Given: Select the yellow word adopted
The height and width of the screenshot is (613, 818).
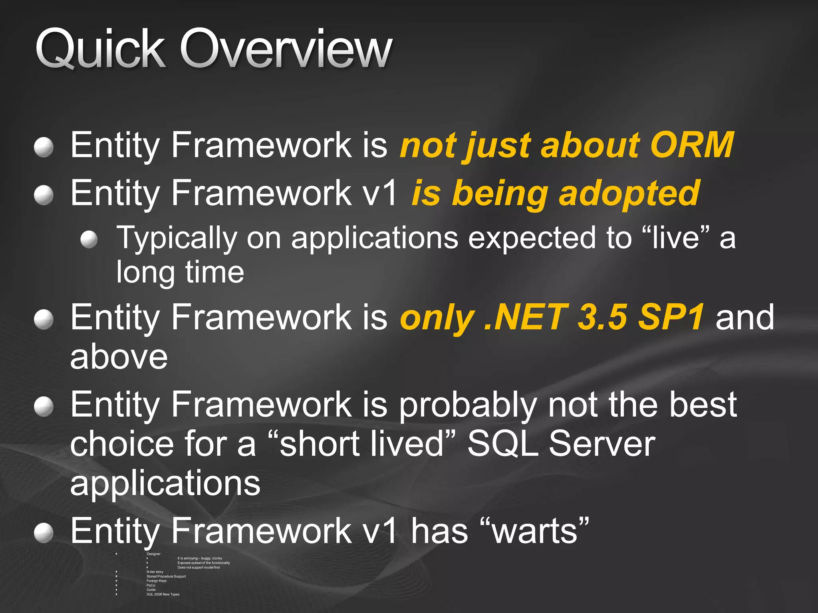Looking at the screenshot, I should point(629,194).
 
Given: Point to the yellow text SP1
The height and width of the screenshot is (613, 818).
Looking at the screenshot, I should point(671,317).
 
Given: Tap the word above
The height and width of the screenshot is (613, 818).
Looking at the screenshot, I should point(119,356).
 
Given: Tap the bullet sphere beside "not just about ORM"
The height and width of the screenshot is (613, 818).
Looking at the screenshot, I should point(44,147).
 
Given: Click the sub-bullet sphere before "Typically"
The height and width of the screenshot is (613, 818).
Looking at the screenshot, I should point(89,240).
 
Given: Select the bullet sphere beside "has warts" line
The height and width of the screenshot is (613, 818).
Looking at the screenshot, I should point(44,534).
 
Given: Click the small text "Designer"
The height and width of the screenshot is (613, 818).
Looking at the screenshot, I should point(153,554).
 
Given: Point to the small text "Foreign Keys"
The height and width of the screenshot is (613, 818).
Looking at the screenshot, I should point(156,581).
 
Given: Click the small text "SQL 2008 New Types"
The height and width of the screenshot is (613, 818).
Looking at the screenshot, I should point(163,594).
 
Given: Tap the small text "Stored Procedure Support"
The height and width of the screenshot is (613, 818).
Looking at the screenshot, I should point(166,576).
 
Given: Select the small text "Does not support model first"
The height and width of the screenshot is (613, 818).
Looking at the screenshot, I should point(199,568).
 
